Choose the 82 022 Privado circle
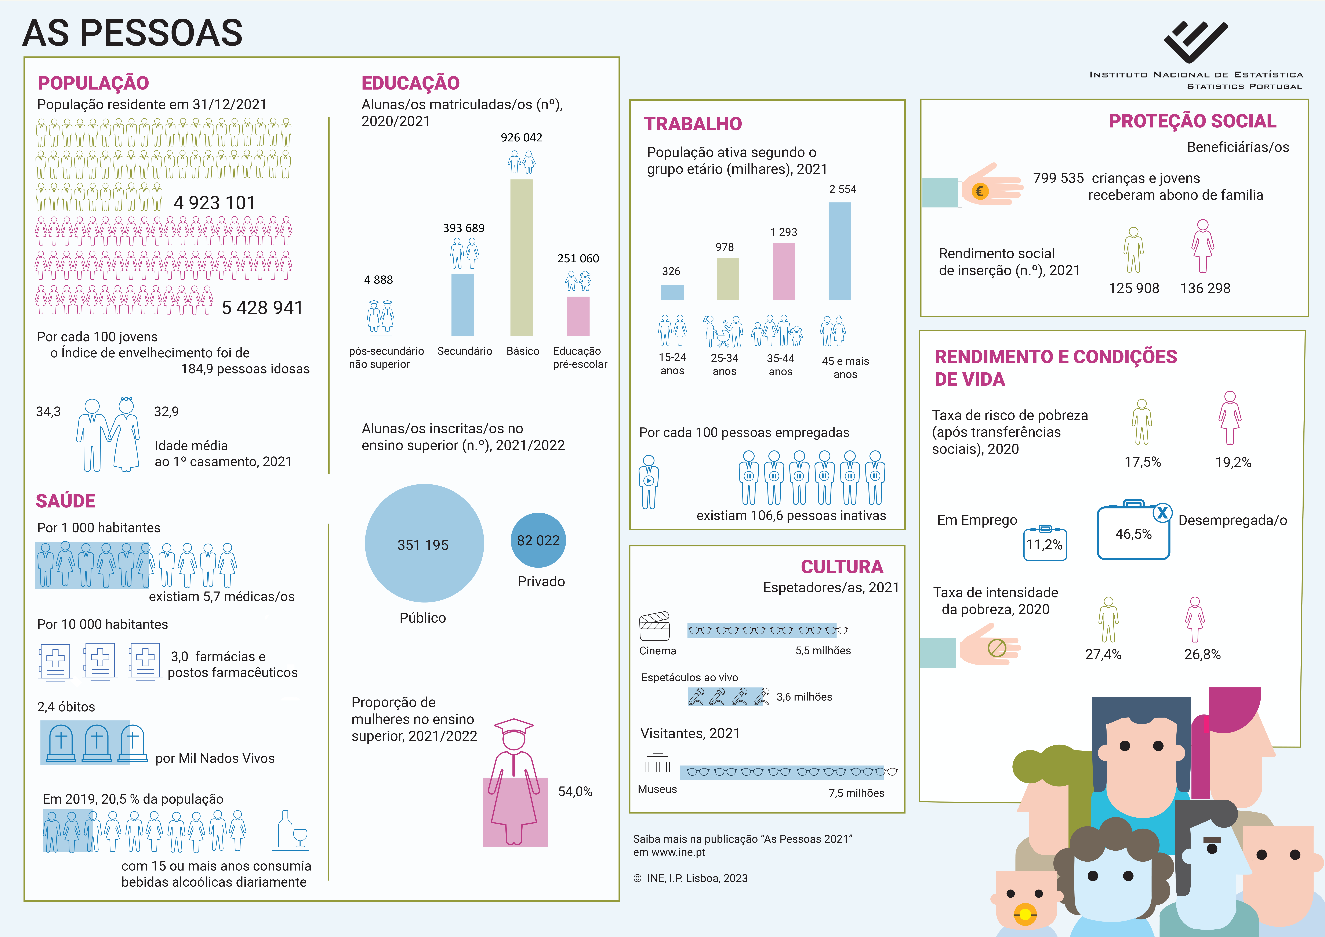click(x=538, y=540)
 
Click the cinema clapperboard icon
click(x=654, y=626)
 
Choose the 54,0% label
click(x=575, y=792)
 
